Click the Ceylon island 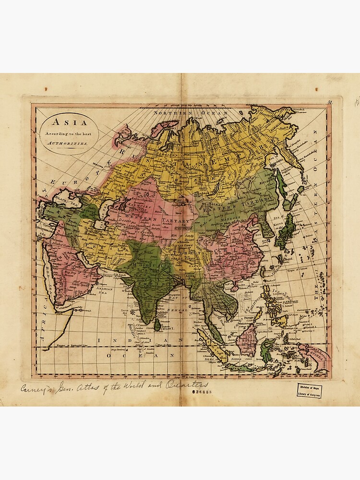pyautogui.click(x=157, y=326)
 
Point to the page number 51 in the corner pyautogui.click(x=330, y=102)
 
